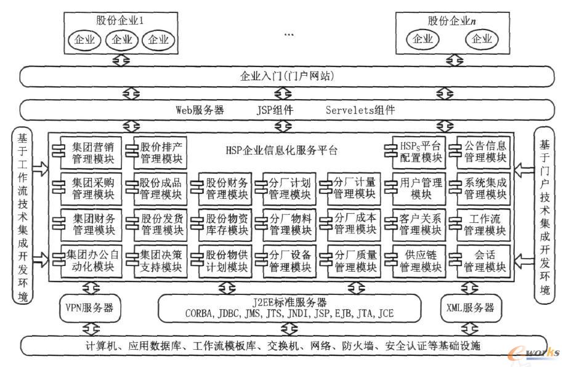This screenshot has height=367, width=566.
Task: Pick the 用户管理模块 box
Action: (415, 189)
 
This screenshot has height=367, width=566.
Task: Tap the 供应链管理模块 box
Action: (415, 261)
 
